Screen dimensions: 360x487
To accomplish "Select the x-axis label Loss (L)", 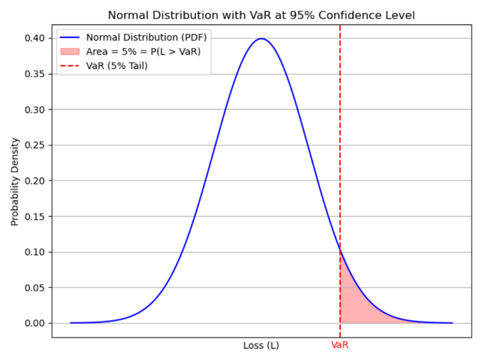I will [261, 345].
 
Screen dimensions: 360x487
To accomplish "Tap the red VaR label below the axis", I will [340, 345].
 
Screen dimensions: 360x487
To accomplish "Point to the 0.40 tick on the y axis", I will [34, 39].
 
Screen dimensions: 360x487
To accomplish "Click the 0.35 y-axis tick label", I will [34, 74].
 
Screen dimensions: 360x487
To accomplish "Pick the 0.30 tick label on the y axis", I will [34, 110].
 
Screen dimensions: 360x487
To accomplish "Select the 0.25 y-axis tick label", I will [34, 145].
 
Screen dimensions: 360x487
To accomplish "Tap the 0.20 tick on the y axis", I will [34, 181].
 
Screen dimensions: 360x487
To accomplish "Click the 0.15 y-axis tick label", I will [34, 217].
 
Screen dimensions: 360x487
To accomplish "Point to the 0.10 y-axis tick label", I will [34, 252].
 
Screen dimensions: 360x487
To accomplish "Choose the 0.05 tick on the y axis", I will [34, 288].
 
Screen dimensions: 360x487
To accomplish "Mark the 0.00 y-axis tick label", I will [34, 323].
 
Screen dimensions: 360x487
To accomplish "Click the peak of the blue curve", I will [261, 39].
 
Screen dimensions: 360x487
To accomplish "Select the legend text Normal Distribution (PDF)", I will [149, 37].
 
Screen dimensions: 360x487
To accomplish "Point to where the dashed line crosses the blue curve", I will [340, 250].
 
